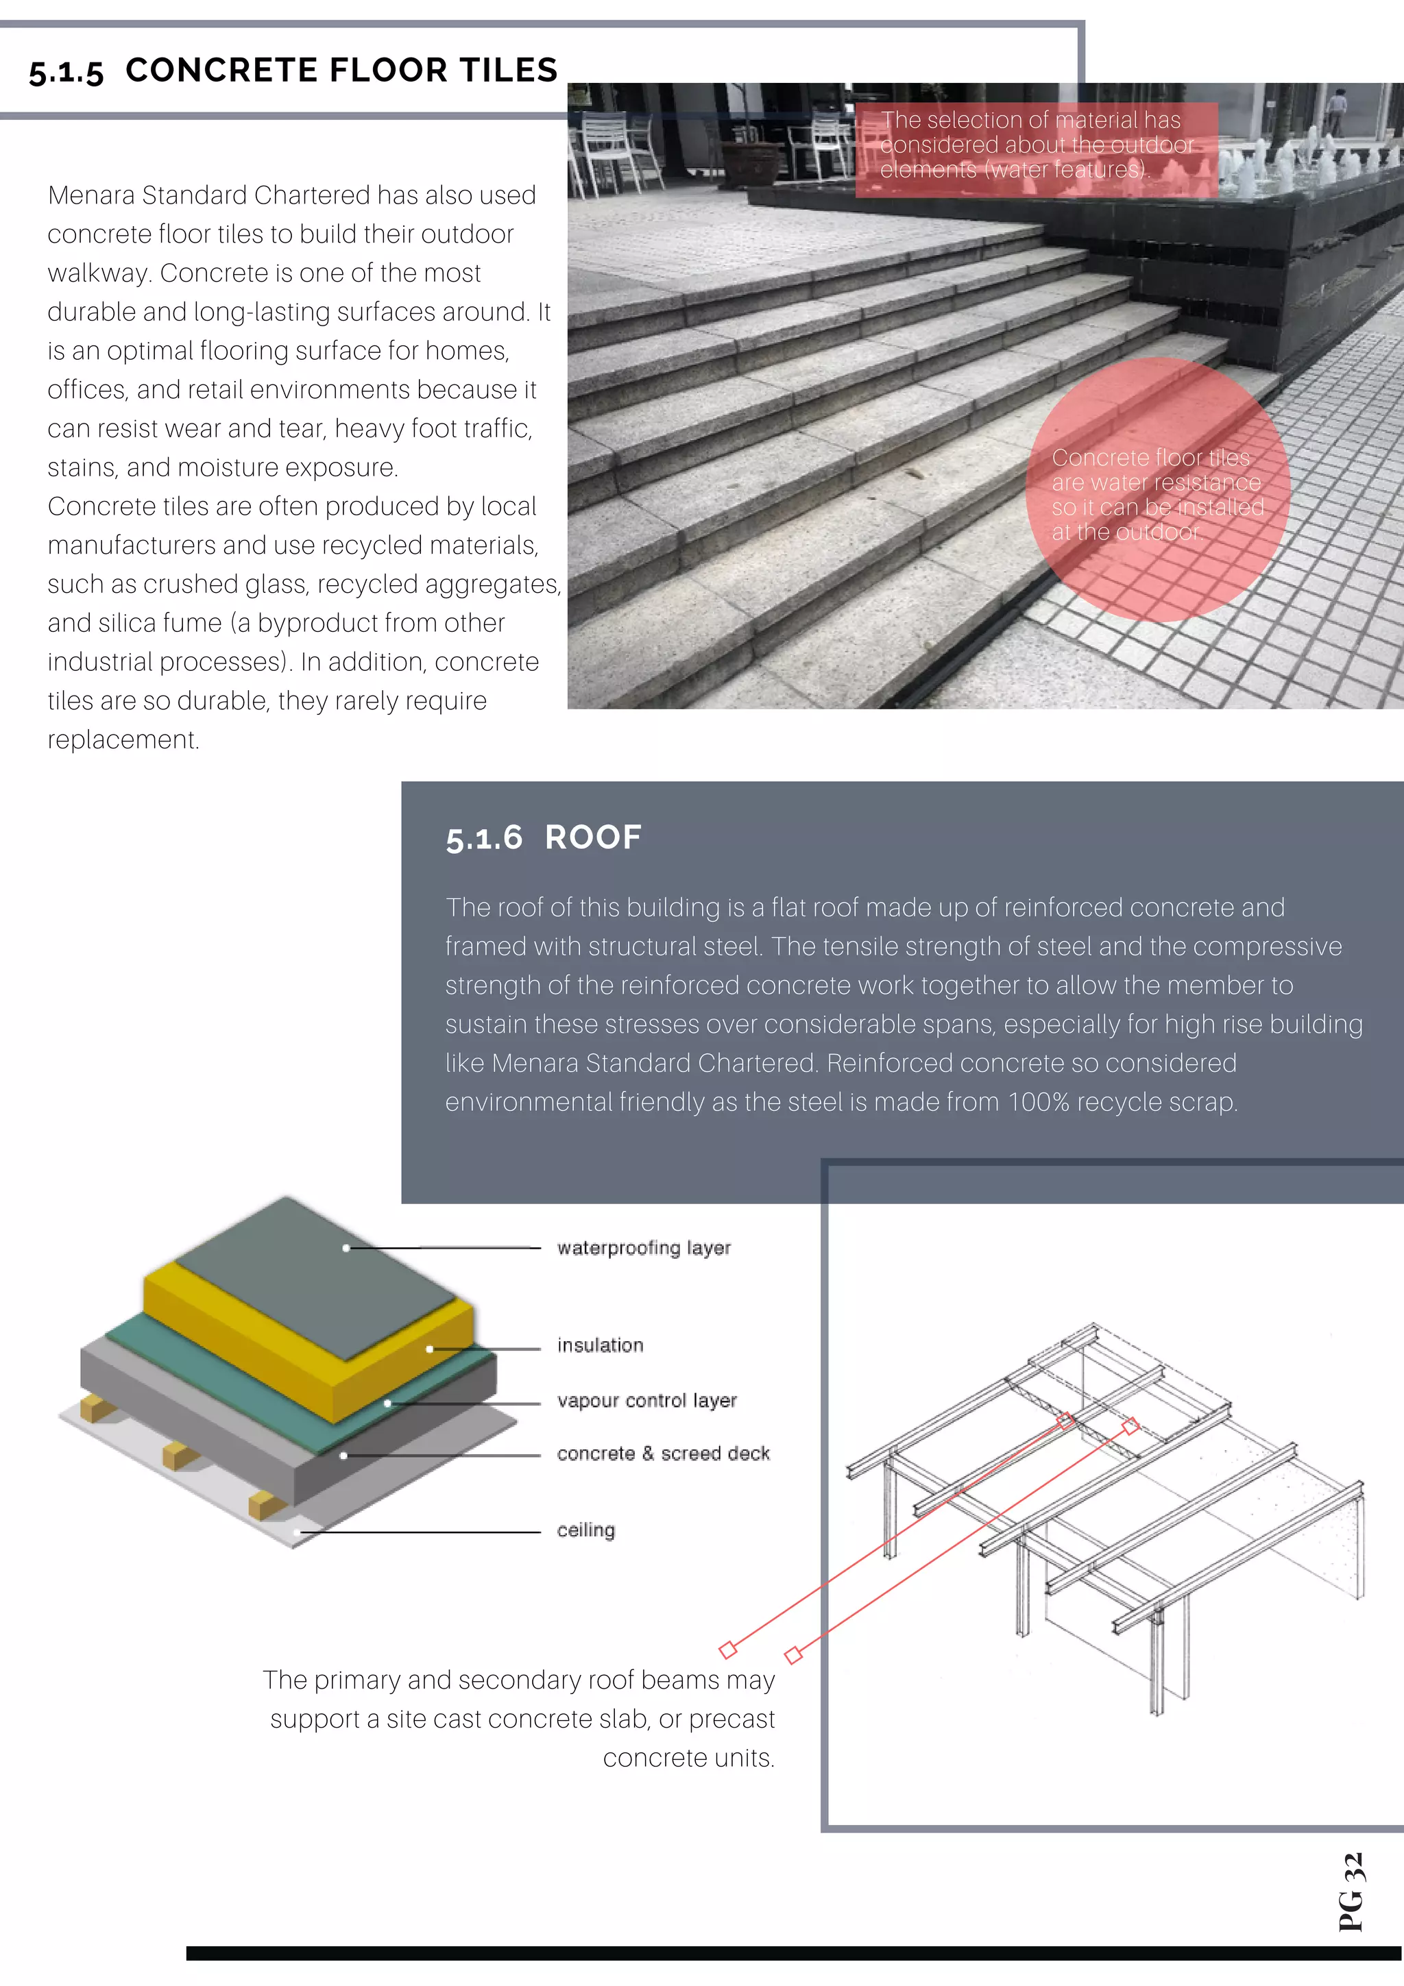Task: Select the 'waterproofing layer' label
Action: [x=643, y=1247]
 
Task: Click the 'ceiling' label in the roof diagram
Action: [x=585, y=1530]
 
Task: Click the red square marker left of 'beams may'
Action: [x=727, y=1649]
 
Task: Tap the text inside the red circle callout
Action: [x=1157, y=494]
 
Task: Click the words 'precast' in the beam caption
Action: [x=731, y=1719]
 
